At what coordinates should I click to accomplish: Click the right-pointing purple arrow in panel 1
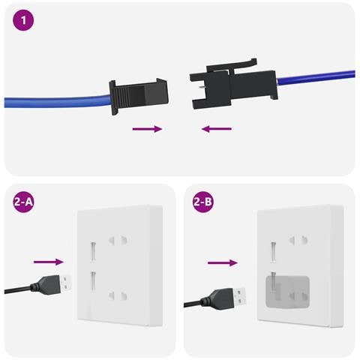point(147,129)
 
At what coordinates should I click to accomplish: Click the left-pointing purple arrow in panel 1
point(217,129)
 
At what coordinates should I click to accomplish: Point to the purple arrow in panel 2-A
point(49,262)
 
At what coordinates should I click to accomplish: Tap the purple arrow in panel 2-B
point(222,262)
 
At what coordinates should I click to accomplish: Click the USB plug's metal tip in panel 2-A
point(67,282)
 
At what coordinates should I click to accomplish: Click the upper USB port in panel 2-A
point(93,249)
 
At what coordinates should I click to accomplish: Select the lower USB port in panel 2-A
point(93,280)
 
